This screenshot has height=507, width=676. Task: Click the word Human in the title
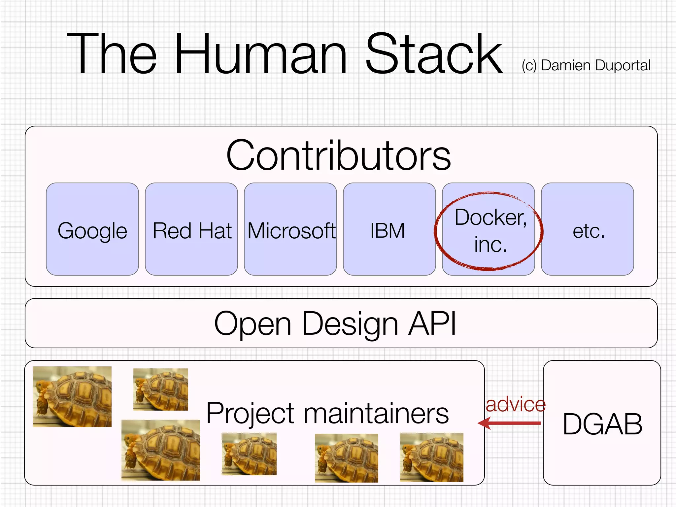point(261,54)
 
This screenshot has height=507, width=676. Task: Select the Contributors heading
point(338,155)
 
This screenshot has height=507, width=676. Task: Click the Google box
point(92,229)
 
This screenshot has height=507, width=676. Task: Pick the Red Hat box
point(191,229)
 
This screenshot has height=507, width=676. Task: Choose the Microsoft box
point(290,229)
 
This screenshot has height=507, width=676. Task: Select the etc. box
point(588,229)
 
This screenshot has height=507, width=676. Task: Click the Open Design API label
point(335,323)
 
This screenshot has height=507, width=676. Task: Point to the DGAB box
point(602,423)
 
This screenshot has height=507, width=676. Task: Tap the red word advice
point(516,405)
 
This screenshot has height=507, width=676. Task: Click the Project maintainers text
point(327,413)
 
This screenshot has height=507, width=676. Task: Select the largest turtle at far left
point(73,397)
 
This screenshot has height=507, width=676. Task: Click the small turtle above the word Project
point(161,389)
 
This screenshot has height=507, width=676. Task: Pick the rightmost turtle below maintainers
point(432,457)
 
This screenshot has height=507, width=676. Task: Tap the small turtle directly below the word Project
point(249,455)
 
